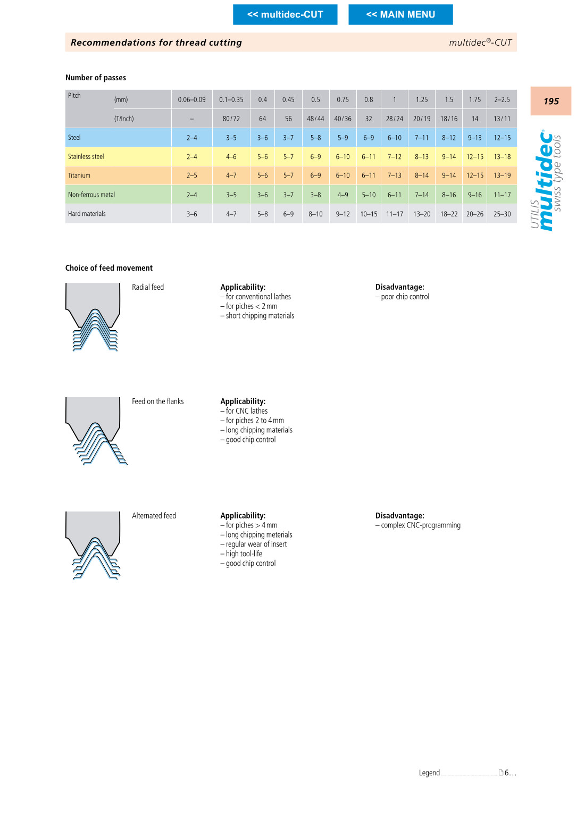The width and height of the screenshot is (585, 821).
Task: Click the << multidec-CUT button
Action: pyautogui.click(x=285, y=14)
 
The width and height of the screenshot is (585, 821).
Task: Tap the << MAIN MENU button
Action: pyautogui.click(x=400, y=14)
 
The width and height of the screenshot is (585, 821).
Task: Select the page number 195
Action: pyautogui.click(x=551, y=101)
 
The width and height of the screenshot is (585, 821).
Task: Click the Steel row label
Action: pyautogui.click(x=74, y=138)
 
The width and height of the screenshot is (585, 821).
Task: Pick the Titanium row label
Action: pyautogui.click(x=79, y=175)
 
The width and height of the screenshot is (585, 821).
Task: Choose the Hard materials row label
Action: pyautogui.click(x=87, y=214)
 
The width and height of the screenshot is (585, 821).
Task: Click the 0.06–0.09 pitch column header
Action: pyautogui.click(x=191, y=99)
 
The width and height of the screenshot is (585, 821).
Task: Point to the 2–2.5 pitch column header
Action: pyautogui.click(x=502, y=99)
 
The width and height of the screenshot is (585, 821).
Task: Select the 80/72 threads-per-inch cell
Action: pyautogui.click(x=231, y=119)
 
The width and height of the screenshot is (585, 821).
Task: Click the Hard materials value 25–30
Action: pyautogui.click(x=502, y=214)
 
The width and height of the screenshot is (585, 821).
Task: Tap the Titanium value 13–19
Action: pyautogui.click(x=502, y=175)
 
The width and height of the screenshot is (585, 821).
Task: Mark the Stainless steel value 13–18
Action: pyautogui.click(x=502, y=157)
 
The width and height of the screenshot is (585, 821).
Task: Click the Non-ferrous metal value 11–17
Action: pyautogui.click(x=502, y=195)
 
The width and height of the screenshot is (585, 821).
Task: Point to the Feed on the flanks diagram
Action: pyautogui.click(x=96, y=431)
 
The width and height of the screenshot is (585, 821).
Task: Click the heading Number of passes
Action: pyautogui.click(x=96, y=78)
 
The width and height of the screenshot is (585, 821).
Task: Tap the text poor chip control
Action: pyautogui.click(x=405, y=297)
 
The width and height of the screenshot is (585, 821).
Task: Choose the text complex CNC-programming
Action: pyautogui.click(x=421, y=525)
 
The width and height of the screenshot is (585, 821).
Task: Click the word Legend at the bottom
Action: pyautogui.click(x=429, y=773)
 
